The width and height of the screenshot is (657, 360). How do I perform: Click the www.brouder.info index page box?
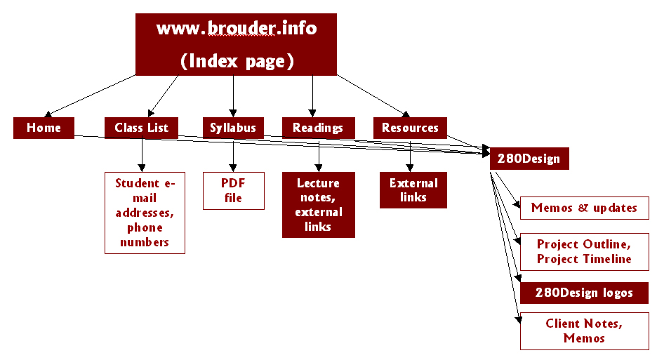236,44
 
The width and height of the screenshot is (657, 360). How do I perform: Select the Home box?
44,128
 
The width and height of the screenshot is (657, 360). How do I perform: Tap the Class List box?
141,128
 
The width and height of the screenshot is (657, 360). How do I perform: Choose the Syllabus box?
233,128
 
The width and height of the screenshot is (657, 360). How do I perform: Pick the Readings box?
318,128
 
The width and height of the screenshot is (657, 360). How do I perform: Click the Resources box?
410,128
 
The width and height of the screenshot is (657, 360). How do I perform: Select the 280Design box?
529,159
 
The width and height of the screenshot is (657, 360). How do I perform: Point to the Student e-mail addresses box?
145,213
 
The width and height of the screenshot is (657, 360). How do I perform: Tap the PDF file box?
234,190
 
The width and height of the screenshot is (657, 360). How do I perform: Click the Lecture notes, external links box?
319,205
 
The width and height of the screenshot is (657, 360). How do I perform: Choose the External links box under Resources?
413,190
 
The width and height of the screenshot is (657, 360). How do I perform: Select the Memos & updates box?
584,208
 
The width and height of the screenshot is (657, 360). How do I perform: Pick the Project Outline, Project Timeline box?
584,251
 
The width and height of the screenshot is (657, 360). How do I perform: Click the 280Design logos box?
584,293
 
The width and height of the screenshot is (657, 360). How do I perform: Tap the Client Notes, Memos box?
584,331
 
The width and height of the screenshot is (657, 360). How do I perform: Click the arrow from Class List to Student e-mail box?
142,155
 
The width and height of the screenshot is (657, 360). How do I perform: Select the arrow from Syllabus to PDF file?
233,155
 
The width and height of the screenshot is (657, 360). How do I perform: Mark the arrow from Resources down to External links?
411,155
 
